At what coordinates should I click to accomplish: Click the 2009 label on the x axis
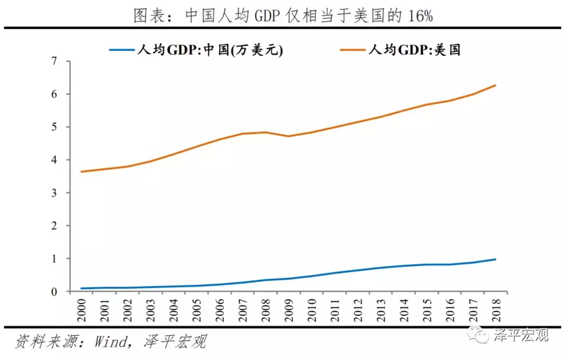tap(289, 308)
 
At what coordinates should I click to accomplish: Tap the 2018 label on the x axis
tap(495, 308)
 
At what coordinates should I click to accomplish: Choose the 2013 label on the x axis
tap(380, 308)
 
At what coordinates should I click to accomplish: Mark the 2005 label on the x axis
tap(197, 308)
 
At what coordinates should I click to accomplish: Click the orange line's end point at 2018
tap(495, 85)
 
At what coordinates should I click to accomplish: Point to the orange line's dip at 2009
tap(289, 136)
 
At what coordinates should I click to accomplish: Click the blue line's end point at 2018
tap(495, 260)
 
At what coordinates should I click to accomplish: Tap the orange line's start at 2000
tap(82, 171)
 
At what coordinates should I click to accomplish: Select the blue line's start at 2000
tap(82, 288)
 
